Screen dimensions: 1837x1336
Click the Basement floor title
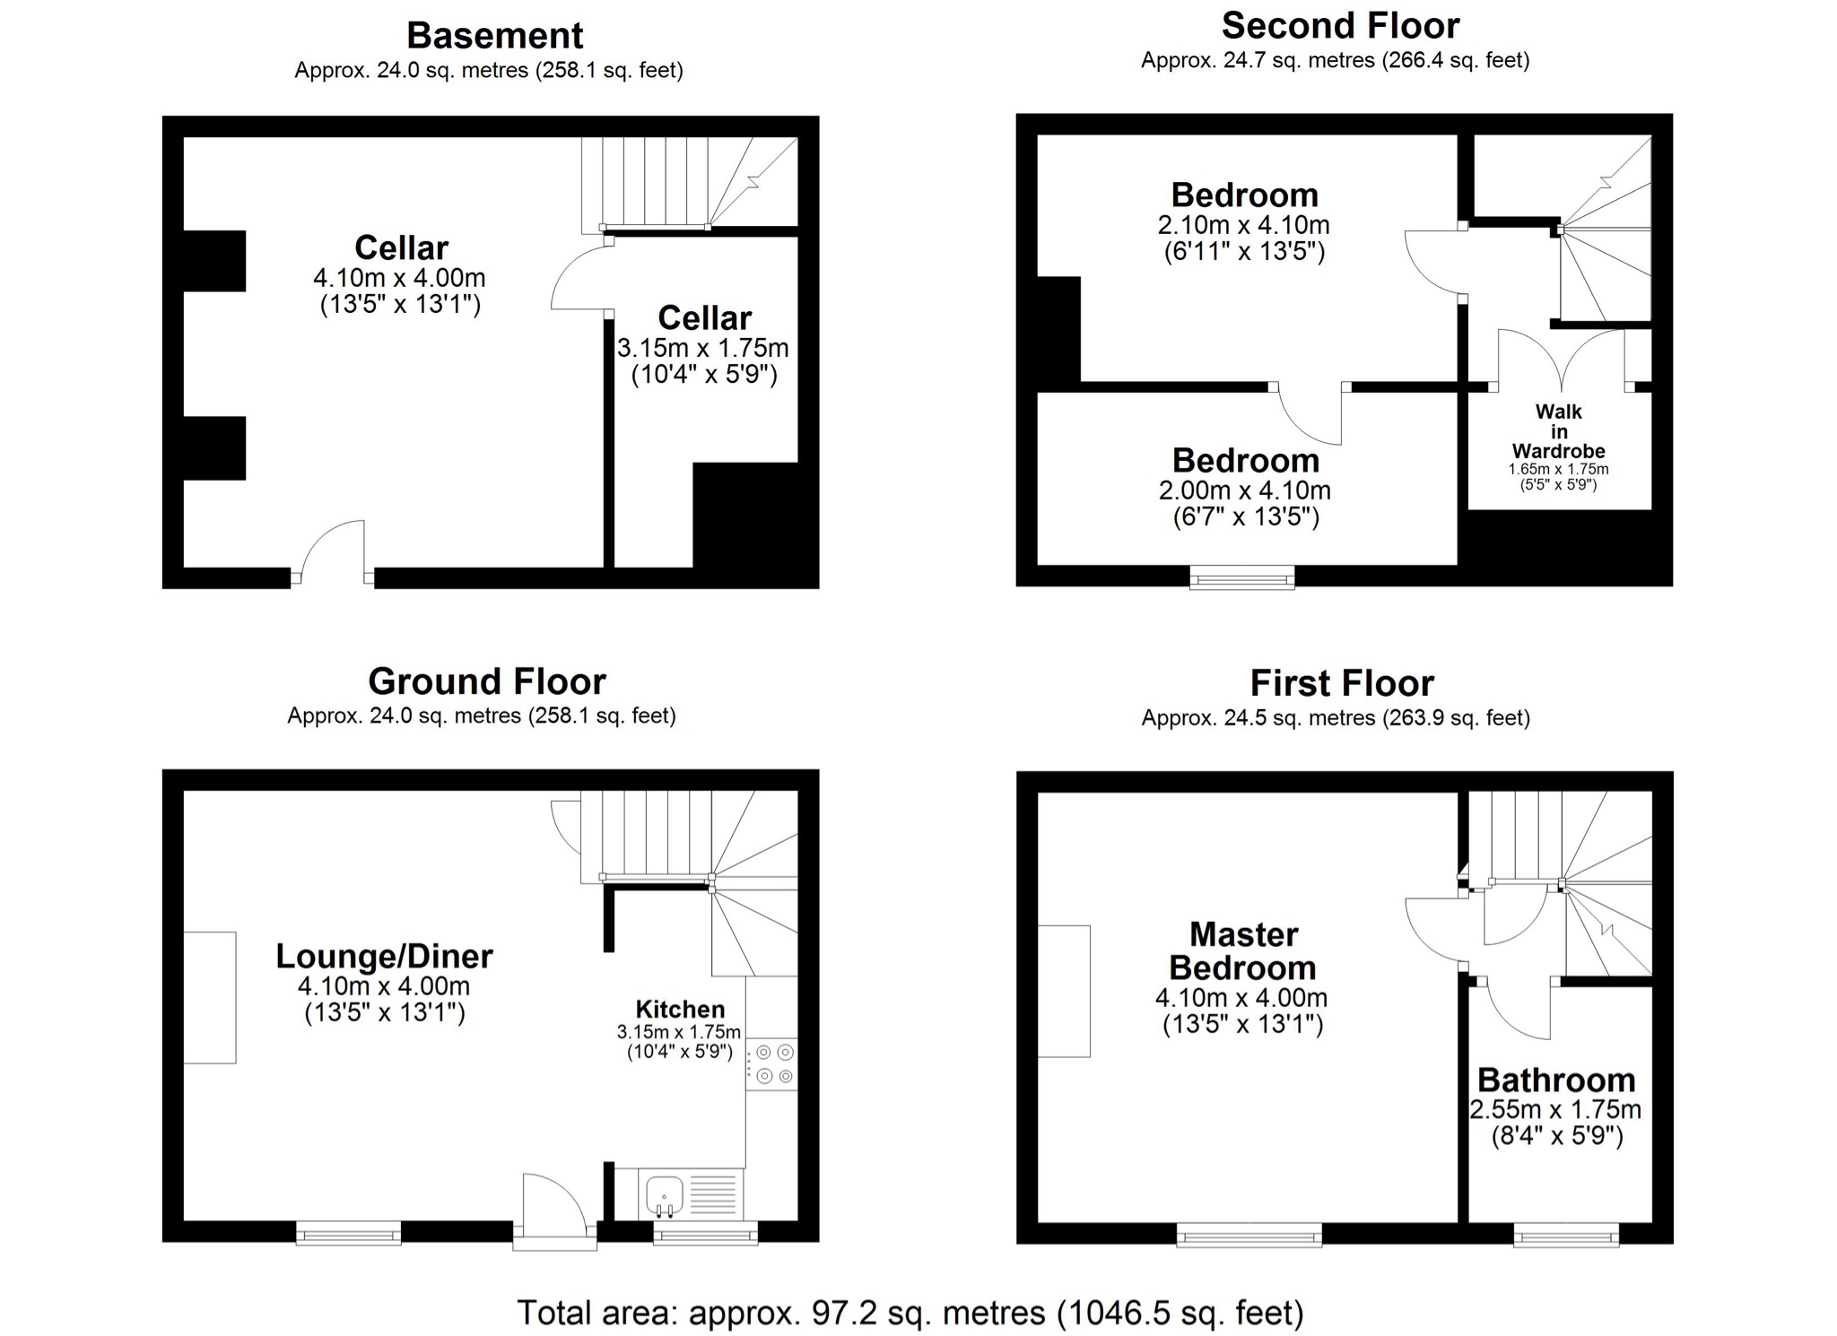494,36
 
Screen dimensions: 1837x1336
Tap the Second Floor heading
1340,26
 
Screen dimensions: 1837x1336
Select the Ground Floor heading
487,681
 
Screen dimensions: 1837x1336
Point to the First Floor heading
1342,683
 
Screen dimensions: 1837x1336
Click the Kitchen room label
680,1009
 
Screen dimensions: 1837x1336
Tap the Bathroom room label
1556,1080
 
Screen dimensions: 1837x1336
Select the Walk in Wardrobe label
1558,431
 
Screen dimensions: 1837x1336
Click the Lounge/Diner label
384,956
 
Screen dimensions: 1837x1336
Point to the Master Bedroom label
1243,951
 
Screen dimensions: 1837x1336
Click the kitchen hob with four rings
771,1064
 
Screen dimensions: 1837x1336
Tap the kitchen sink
664,1196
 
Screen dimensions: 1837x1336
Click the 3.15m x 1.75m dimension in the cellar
703,348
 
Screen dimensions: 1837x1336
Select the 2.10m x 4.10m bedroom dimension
1243,225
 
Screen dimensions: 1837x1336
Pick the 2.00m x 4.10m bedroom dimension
1245,490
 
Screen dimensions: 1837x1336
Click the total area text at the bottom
910,1313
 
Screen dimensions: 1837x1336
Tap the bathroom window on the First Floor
1567,1236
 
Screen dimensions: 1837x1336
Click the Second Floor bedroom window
1242,578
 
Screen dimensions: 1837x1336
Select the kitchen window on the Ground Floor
706,1235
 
